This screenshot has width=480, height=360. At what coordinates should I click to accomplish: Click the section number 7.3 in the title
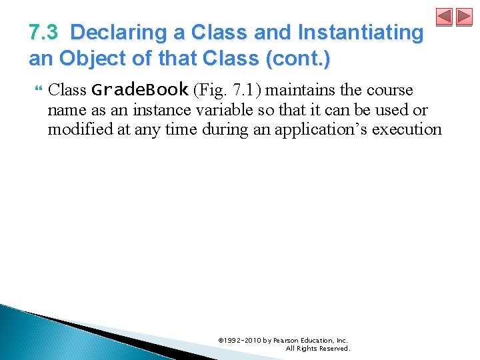pyautogui.click(x=43, y=33)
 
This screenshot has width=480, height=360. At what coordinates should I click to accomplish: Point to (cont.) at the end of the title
pyautogui.click(x=297, y=59)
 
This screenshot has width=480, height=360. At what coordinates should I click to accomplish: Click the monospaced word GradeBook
pyautogui.click(x=139, y=90)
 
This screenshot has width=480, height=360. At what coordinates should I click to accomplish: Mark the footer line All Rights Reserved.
pyautogui.click(x=317, y=348)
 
